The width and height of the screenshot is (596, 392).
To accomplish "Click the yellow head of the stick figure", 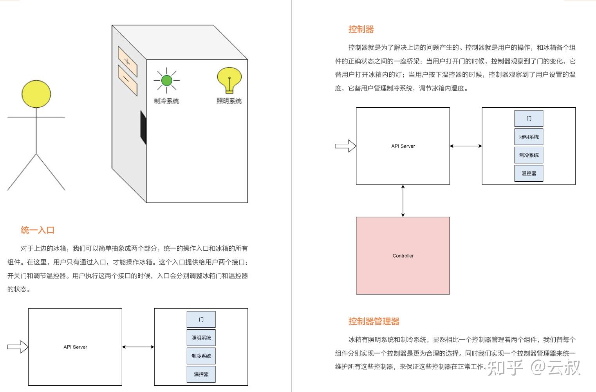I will point(36,94).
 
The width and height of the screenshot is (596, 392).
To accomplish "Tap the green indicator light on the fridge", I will point(166,80).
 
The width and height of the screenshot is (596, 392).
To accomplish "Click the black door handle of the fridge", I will point(143,127).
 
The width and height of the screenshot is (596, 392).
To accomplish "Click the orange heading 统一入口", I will point(38,230).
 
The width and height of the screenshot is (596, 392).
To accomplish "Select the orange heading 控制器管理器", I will point(374,322).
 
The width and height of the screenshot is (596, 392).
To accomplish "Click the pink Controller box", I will point(403,255).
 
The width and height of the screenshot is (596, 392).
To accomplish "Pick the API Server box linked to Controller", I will point(403,146).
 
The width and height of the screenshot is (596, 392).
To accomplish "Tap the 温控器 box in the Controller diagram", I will point(529,173).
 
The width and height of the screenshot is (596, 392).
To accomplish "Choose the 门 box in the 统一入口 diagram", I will point(201,319).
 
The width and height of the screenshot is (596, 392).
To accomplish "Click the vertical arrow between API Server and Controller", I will point(403,201).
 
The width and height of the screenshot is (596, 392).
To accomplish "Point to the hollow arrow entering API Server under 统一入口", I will point(18,347).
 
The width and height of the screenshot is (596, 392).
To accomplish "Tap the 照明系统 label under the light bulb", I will point(229,101).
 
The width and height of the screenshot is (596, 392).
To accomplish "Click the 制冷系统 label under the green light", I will point(166,101).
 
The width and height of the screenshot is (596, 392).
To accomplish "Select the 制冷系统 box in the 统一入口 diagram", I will point(201,356).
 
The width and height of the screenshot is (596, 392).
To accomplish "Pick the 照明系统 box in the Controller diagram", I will point(529,137).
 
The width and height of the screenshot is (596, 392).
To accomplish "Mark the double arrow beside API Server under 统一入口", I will point(138,347).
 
